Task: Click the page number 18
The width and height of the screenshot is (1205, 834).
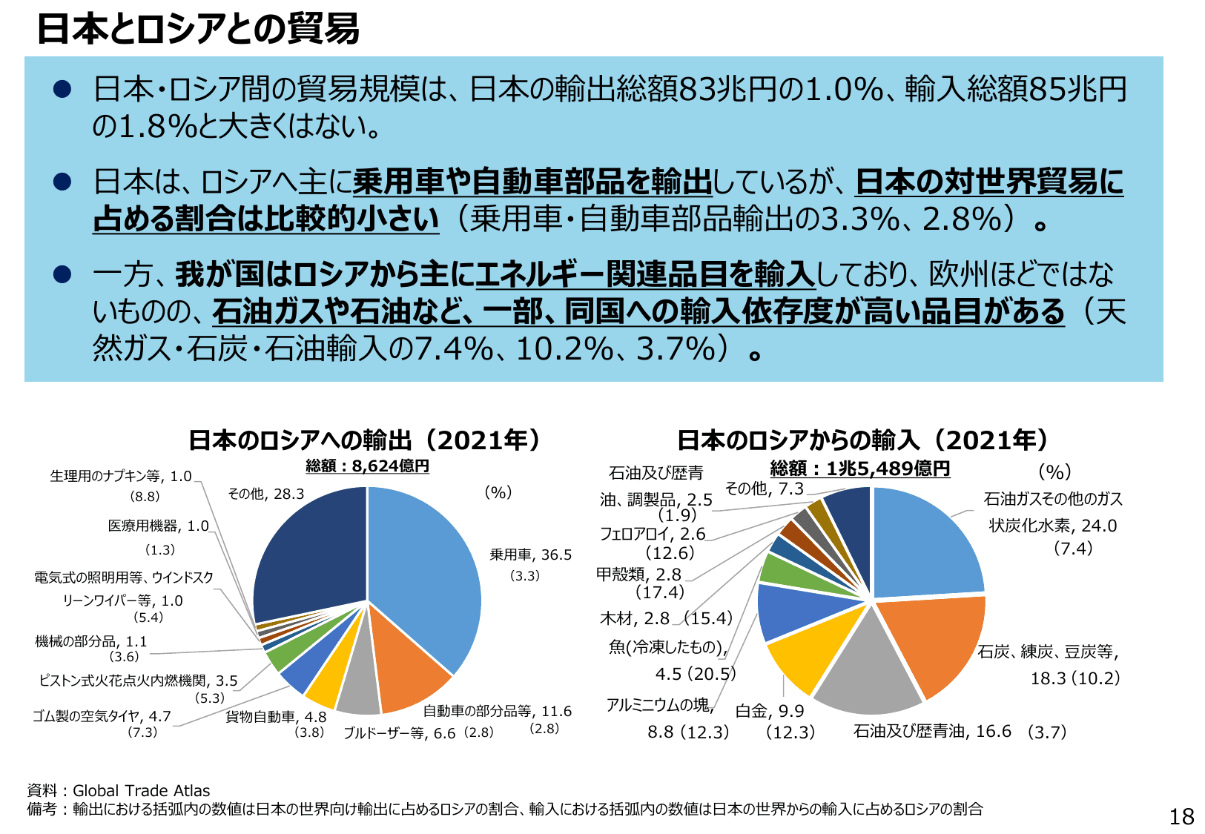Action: [x=1181, y=816]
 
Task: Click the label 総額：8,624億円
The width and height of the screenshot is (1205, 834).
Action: [x=367, y=466]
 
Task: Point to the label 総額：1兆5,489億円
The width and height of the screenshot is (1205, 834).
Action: [x=859, y=469]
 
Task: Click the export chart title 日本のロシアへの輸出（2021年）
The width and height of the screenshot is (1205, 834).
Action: [x=365, y=440]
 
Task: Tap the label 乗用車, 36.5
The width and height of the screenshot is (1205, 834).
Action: [x=530, y=555]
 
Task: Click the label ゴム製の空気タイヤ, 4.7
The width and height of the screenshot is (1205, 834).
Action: [x=102, y=716]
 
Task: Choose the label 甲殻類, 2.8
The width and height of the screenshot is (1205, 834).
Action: [x=638, y=575]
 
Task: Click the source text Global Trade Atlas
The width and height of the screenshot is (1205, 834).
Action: [x=141, y=790]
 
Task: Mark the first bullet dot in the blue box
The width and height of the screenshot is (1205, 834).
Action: [x=62, y=90]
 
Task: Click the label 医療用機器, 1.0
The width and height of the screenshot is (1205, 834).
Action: [x=159, y=526]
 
